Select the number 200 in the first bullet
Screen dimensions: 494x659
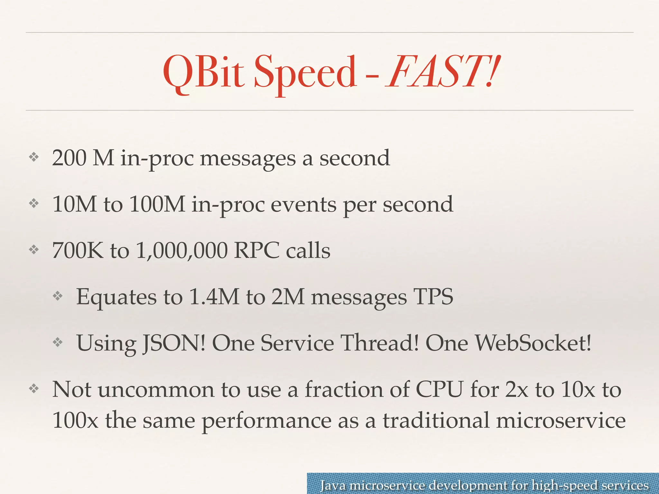(x=69, y=158)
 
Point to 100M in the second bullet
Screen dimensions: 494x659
(x=157, y=204)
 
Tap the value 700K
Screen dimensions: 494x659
(x=78, y=251)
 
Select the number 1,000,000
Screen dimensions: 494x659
(x=181, y=251)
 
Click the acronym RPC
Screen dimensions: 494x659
(x=257, y=251)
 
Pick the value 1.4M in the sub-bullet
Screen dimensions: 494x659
(x=214, y=297)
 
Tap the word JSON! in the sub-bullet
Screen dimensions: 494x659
(x=173, y=343)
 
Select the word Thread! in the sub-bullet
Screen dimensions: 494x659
(x=380, y=343)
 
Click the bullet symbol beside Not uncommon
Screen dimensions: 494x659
(x=34, y=389)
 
